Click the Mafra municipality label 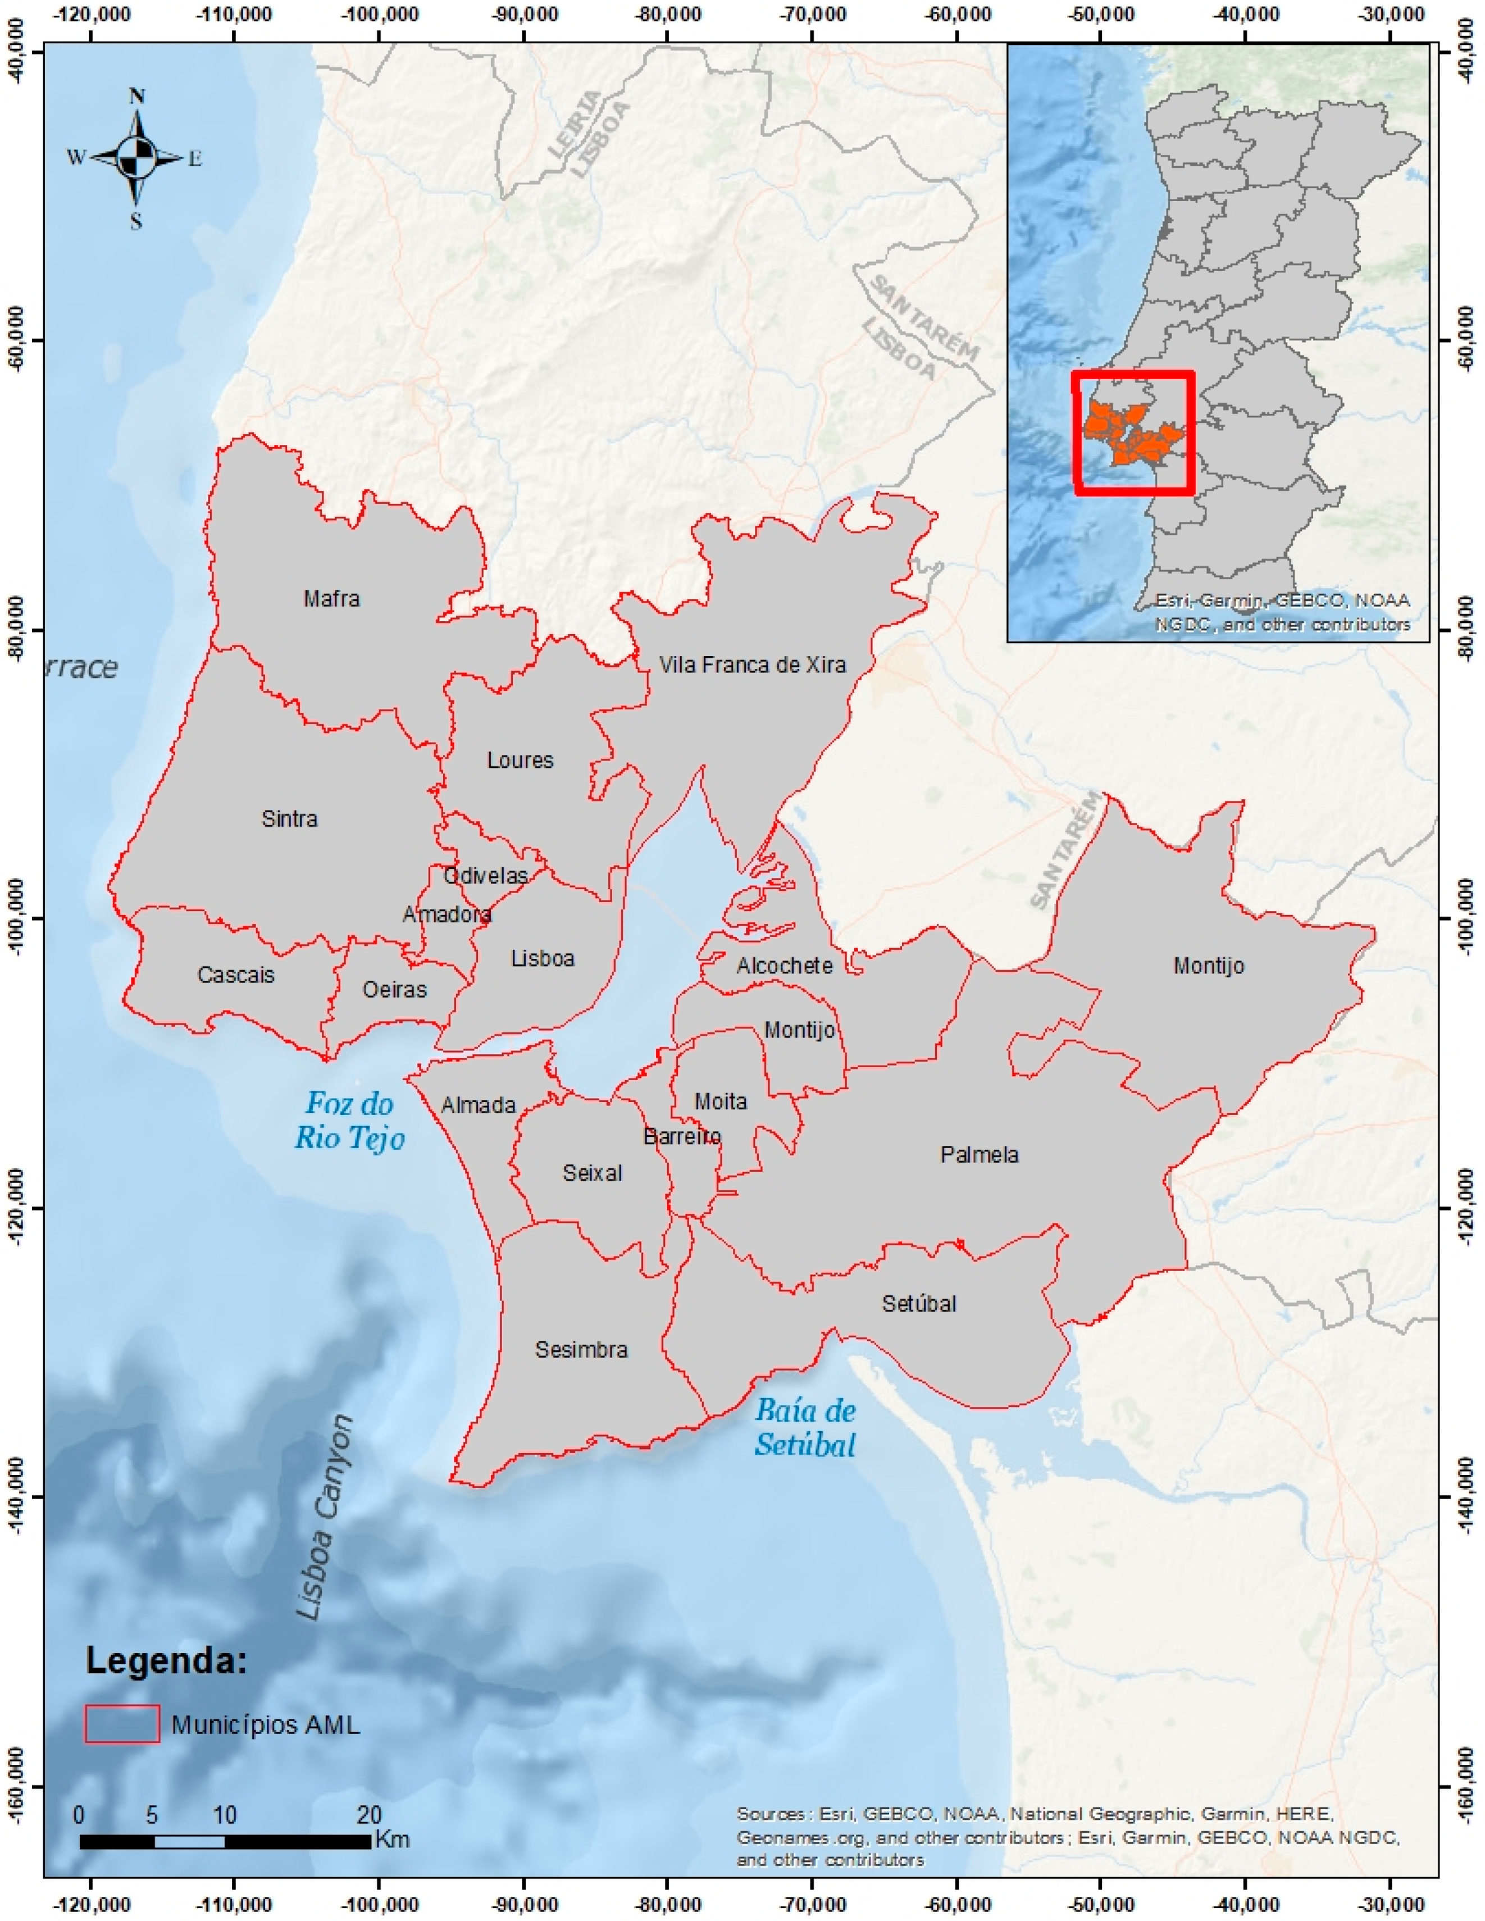tap(332, 599)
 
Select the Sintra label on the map tap(289, 819)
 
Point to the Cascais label tap(236, 975)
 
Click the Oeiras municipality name tap(394, 990)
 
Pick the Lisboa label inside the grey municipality tap(542, 958)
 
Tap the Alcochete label tap(784, 966)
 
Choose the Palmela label tap(979, 1154)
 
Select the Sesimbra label tap(581, 1349)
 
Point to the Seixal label tap(592, 1172)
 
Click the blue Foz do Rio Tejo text tap(349, 1121)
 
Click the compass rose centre tap(136, 158)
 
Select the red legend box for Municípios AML tap(122, 1724)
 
